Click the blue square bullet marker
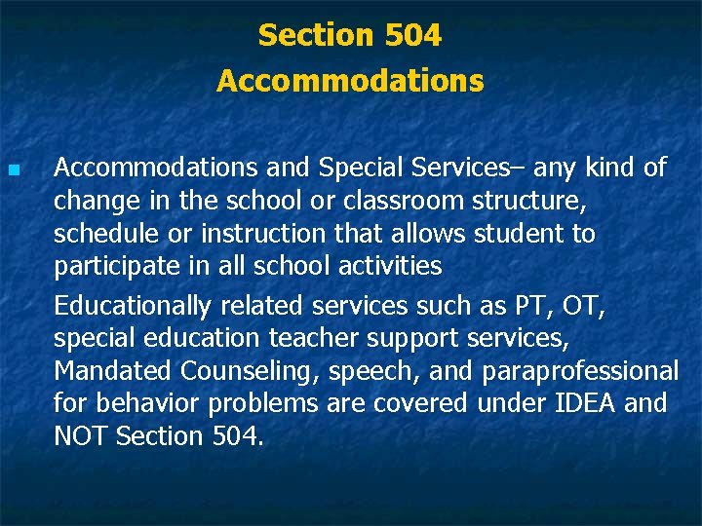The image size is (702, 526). click(x=13, y=170)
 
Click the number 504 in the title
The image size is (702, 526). click(x=413, y=36)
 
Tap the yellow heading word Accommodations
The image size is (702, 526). click(x=350, y=81)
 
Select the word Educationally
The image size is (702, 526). click(x=132, y=306)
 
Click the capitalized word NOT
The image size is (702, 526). click(x=81, y=436)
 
